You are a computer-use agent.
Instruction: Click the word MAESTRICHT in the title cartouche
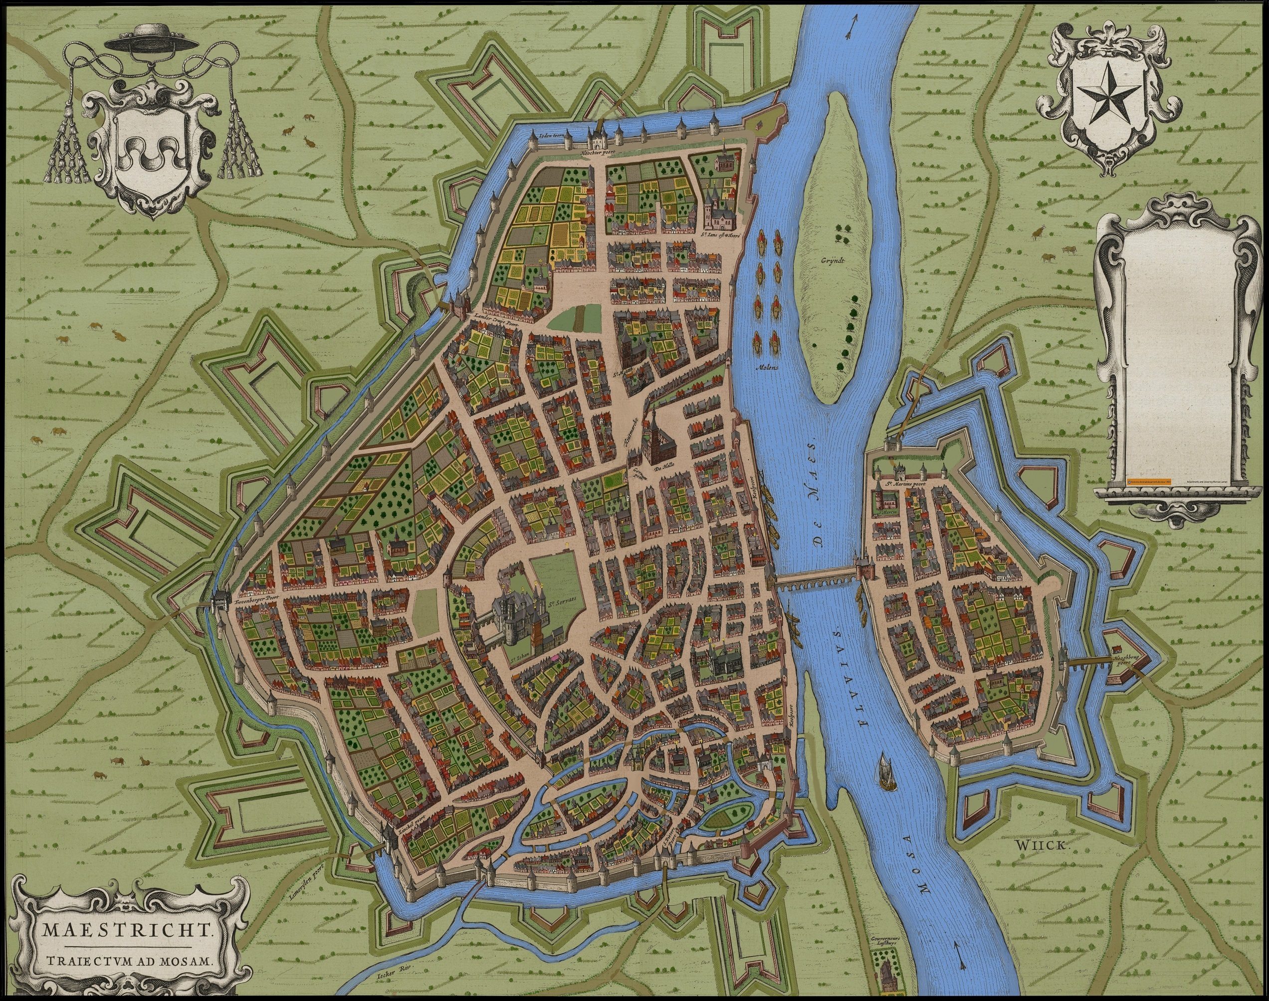[127, 930]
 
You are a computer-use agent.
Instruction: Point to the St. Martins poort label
[904, 484]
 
